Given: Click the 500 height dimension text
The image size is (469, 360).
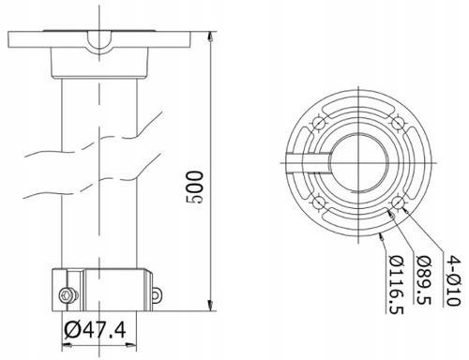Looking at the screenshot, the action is [194, 187].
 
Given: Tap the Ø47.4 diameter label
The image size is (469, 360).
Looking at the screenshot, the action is [95, 330].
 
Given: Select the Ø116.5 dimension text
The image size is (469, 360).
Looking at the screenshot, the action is [396, 284].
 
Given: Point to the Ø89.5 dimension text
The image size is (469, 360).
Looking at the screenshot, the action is [424, 279].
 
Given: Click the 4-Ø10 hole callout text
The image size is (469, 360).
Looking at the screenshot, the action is [453, 280].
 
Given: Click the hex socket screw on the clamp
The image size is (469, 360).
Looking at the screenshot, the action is [68, 295].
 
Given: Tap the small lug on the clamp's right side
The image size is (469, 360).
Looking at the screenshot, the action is [157, 295].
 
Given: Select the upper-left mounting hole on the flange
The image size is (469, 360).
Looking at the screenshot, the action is [319, 124].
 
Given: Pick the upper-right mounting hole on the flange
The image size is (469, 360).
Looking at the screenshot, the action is [398, 124].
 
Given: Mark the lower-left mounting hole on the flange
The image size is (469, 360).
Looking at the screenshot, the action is [319, 203].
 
